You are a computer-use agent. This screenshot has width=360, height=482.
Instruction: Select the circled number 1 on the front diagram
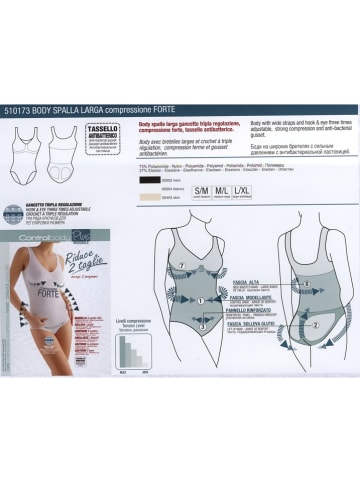[x=201, y=299]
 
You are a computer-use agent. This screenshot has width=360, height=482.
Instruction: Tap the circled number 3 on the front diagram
[x=201, y=326]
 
